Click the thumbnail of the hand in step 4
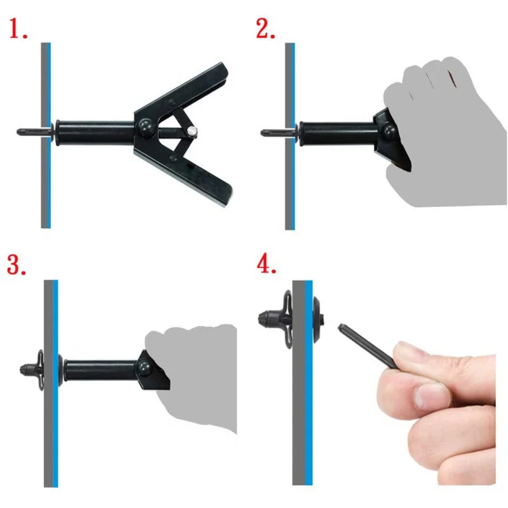click(x=432, y=396)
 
